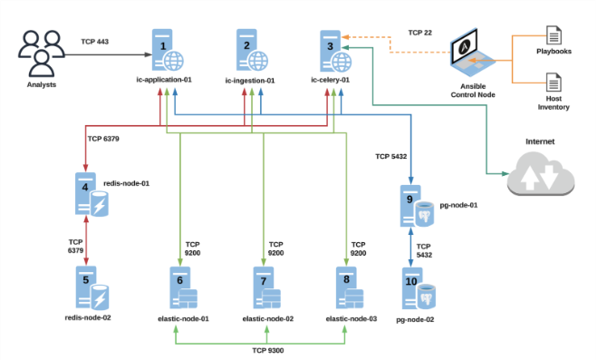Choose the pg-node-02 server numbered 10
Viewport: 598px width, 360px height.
[x=415, y=292]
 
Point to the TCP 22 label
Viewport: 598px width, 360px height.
[x=420, y=33]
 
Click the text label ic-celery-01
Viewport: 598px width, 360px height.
[x=330, y=81]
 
